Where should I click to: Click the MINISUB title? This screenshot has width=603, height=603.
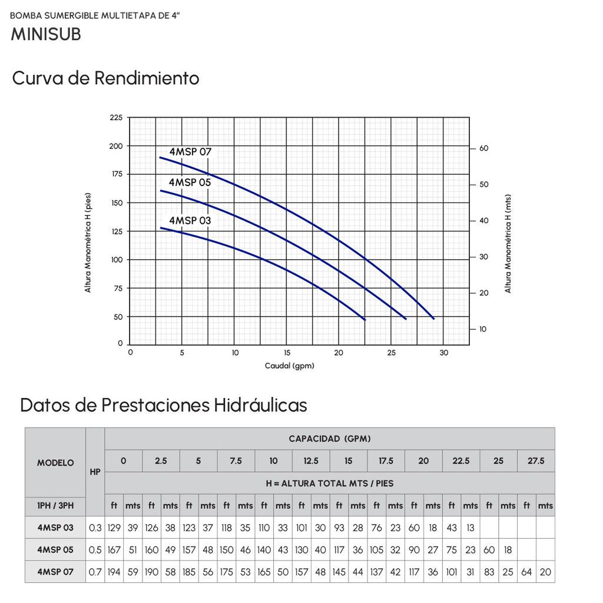point(46,34)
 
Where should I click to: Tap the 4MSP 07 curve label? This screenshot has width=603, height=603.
point(190,151)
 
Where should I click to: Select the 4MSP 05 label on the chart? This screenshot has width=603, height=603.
point(190,183)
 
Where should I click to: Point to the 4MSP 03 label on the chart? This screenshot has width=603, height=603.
point(190,220)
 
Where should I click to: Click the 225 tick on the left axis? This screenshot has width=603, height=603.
point(116,117)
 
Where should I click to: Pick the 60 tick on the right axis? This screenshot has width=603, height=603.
point(484,148)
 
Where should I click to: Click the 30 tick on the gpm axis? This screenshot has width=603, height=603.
point(444,353)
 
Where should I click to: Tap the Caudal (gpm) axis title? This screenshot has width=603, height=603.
point(290,366)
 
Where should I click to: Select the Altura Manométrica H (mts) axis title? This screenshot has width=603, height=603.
point(508,243)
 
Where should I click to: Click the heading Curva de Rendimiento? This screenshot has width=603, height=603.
point(106,78)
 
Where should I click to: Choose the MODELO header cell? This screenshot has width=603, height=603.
point(55,463)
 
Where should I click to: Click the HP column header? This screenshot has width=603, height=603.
point(95,472)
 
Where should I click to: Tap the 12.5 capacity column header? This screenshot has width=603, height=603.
point(311,460)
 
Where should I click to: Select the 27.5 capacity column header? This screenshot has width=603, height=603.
point(536,460)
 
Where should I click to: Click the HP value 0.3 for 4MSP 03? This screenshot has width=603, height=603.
point(95,528)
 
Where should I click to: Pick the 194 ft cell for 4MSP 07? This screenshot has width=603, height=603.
point(114,572)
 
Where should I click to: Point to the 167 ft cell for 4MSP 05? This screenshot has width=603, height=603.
point(114,550)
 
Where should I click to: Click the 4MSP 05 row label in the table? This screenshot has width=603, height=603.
point(55,550)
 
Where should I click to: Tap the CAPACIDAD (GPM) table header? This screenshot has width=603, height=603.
point(330,439)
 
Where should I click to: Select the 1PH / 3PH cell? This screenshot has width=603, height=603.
point(55,506)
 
